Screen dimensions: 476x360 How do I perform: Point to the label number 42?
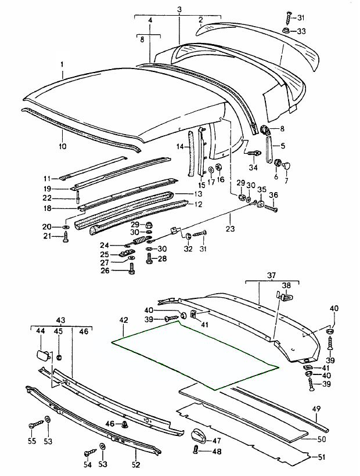click(x=123, y=320)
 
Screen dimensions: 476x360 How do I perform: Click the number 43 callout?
click(x=60, y=320)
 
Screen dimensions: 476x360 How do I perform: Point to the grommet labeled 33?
click(x=287, y=31)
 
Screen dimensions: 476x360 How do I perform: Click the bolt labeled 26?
click(x=133, y=269)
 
